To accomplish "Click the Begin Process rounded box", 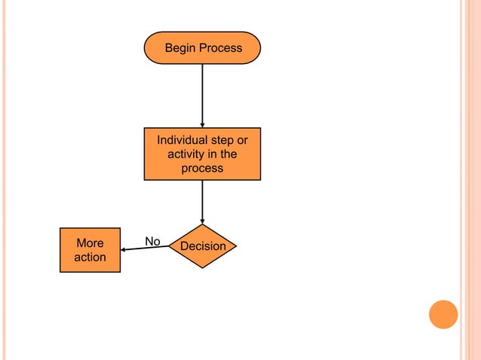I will (x=202, y=47).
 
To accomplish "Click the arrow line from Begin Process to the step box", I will (x=202, y=94).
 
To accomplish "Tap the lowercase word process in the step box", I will (x=202, y=169).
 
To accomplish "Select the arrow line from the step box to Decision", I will (x=202, y=200).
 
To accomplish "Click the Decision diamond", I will (x=202, y=246).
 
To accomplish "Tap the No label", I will (x=152, y=242).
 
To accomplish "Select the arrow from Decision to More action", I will (x=147, y=249).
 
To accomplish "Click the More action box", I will (x=90, y=250).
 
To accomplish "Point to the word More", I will (x=90, y=243).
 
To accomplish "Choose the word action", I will (x=90, y=258).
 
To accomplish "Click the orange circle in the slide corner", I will (x=443, y=314).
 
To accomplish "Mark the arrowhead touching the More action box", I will (x=124, y=250).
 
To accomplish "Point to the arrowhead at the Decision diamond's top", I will (x=202, y=221).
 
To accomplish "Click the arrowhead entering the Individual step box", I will (x=202, y=125).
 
